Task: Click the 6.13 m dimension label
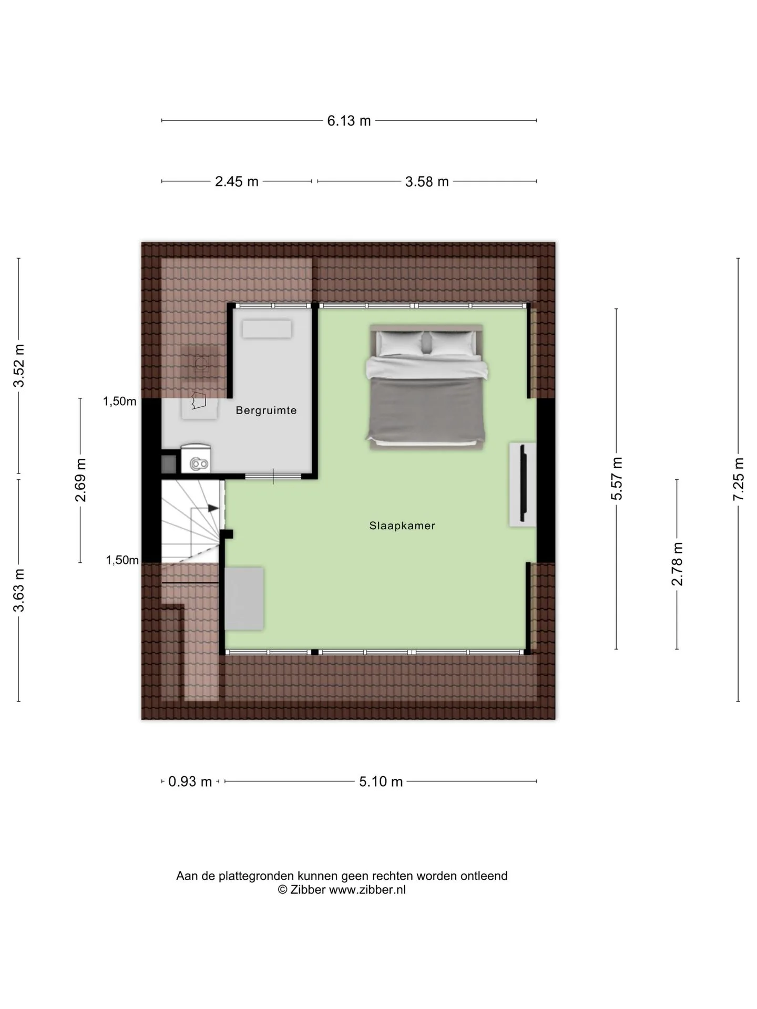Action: pos(349,121)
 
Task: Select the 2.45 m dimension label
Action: pos(237,182)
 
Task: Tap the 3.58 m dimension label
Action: pos(427,182)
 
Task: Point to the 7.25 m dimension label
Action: pos(739,479)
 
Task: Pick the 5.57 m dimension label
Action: pos(617,478)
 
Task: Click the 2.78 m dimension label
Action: pos(677,564)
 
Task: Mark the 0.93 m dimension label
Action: pos(190,782)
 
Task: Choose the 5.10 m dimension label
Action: pos(381,782)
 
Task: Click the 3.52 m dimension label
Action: pos(19,365)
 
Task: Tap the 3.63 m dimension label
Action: pos(19,590)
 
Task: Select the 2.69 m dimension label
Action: pos(80,480)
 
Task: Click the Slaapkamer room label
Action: pos(402,526)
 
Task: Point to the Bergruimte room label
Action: pos(266,410)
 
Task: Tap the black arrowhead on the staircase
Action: pos(213,509)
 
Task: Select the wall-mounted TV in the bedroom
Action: pos(523,483)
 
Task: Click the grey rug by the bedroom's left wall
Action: pos(244,599)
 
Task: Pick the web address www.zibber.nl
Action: pos(367,890)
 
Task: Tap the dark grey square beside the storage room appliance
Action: pos(169,464)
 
